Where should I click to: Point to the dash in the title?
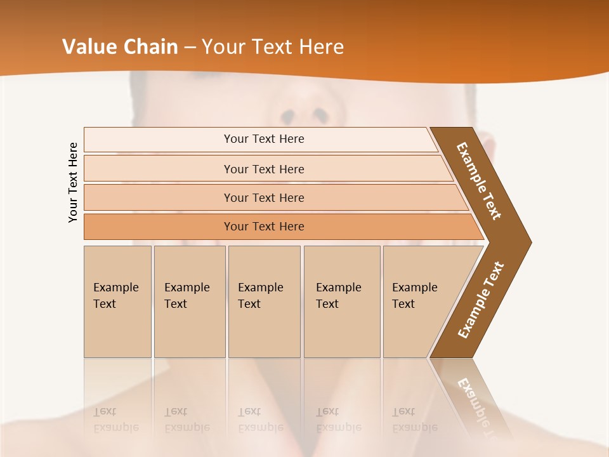click(x=190, y=48)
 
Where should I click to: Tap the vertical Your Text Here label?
click(x=73, y=182)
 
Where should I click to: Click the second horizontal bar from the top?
click(x=264, y=169)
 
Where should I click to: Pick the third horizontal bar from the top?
click(x=264, y=197)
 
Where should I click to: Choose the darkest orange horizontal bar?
click(x=264, y=227)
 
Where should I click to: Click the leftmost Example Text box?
click(x=117, y=301)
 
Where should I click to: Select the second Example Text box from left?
click(x=189, y=301)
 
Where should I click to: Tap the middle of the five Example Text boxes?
click(x=264, y=301)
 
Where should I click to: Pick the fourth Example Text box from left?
click(x=341, y=301)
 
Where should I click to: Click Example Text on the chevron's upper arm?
click(x=479, y=181)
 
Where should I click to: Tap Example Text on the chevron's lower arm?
click(x=481, y=300)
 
